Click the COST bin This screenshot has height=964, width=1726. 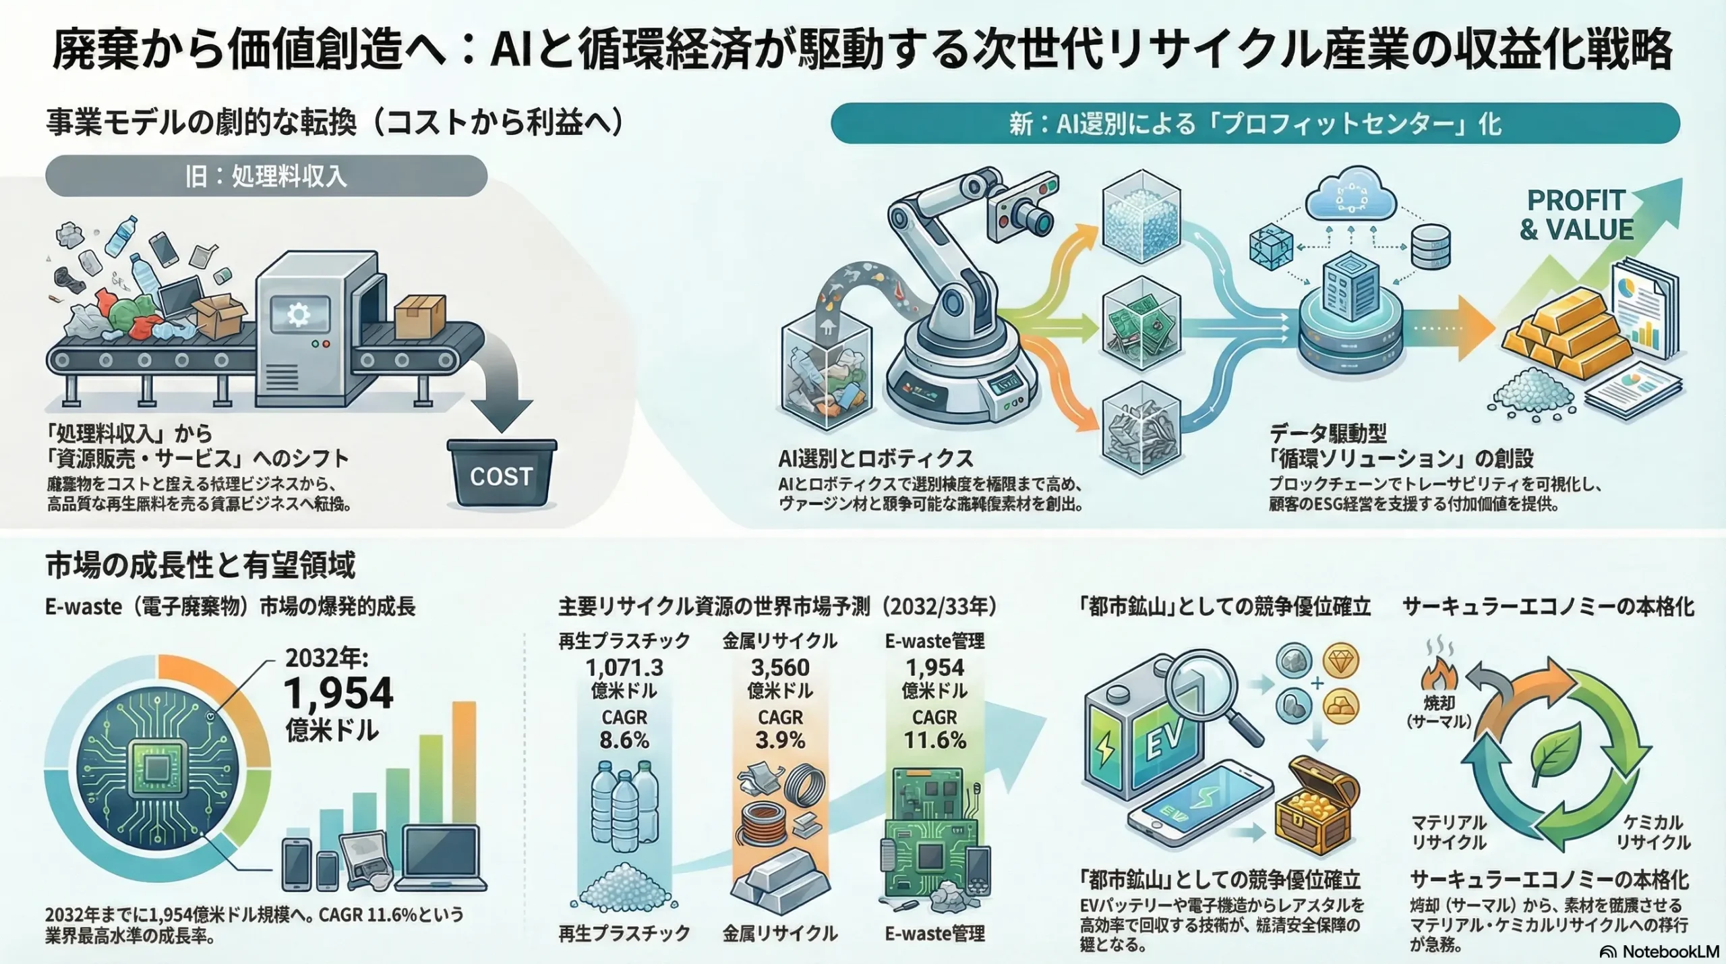[502, 474]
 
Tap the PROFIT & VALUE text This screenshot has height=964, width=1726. [1576, 215]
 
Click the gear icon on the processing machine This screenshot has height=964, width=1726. [299, 315]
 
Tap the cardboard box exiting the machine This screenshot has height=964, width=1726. [419, 316]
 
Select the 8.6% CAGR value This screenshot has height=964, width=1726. [624, 740]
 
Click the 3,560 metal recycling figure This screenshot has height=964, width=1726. [780, 667]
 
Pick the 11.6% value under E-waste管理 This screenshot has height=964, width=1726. [934, 740]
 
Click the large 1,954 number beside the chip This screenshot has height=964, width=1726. [338, 693]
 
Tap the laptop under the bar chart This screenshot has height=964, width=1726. [441, 857]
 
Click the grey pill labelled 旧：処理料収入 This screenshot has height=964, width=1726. [266, 176]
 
